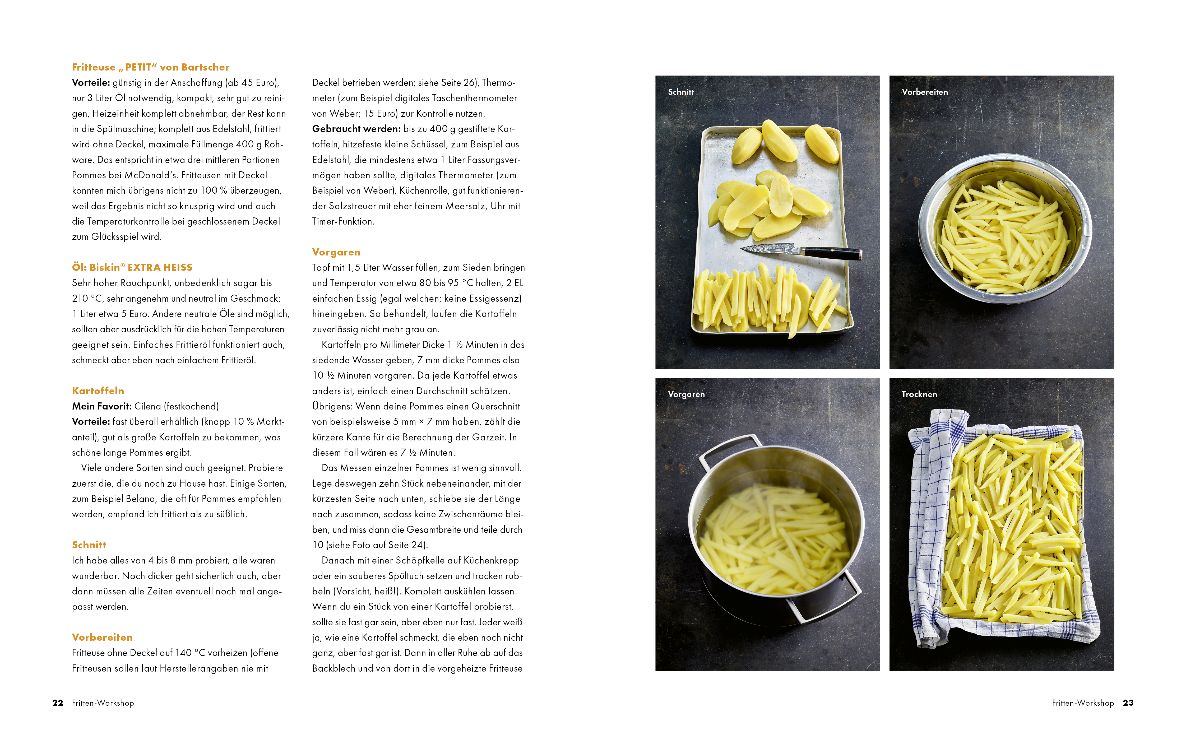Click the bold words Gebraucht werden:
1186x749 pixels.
[x=356, y=129]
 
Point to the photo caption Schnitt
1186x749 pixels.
[x=681, y=92]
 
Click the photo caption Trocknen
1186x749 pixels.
[x=919, y=394]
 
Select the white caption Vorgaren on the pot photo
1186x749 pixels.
[x=686, y=394]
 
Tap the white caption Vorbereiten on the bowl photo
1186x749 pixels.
[x=924, y=92]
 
